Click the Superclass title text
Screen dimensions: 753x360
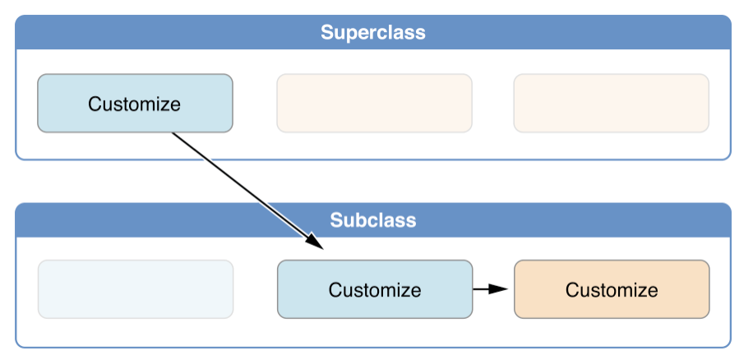coord(373,33)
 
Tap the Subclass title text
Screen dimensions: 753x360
coord(373,219)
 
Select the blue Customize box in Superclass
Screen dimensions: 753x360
coord(135,104)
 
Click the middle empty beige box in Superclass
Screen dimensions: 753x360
coord(375,104)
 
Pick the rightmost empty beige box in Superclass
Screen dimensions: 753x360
coord(612,104)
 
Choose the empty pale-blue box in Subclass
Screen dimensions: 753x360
coord(136,289)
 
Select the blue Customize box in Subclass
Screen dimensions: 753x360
coord(375,289)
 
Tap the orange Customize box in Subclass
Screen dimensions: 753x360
coord(612,289)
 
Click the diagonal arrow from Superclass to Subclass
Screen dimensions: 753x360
coord(247,191)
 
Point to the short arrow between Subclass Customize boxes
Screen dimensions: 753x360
coord(490,289)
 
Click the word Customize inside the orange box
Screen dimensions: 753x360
coord(612,290)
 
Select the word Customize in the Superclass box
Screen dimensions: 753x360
coord(134,104)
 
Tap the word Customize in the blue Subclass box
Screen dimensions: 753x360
coord(375,290)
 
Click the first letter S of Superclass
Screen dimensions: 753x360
coord(327,33)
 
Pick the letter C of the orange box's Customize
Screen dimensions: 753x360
coord(572,290)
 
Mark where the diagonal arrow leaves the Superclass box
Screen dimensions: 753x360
coord(172,132)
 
